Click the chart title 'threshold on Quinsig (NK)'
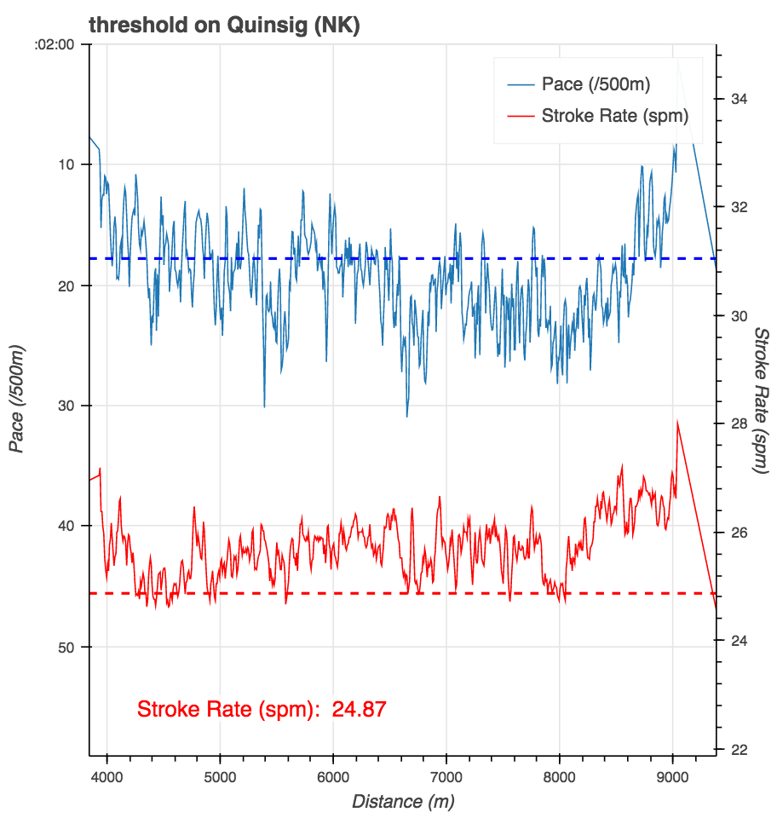click(224, 26)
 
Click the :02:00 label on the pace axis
click(55, 44)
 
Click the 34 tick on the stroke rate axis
click(739, 99)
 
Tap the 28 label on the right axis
click(739, 424)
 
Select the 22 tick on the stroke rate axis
click(739, 749)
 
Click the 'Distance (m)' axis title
click(402, 802)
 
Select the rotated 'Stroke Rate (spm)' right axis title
click(761, 400)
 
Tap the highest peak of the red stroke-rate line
click(677, 421)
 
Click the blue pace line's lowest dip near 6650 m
click(407, 416)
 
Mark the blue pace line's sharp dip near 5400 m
click(264, 406)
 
